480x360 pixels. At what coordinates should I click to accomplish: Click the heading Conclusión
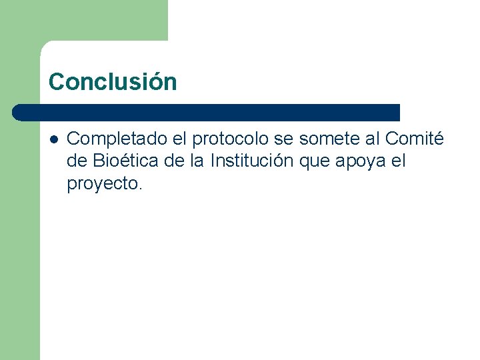113,82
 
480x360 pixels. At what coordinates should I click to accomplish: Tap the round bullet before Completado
54,139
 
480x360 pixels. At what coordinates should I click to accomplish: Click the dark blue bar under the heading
207,112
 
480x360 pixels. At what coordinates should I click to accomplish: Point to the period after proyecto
140,189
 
